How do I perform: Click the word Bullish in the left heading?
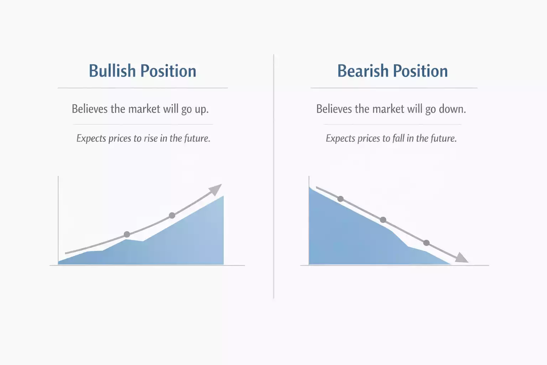click(x=112, y=71)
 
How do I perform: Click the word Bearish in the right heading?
click(x=363, y=71)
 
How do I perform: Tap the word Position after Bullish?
click(x=168, y=71)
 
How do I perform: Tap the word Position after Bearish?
click(x=420, y=71)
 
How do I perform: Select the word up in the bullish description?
click(x=202, y=109)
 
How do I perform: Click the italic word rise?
click(x=151, y=138)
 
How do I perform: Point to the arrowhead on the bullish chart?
click(x=215, y=190)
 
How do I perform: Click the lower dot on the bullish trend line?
click(x=127, y=235)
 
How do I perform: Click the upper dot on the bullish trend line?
click(x=172, y=216)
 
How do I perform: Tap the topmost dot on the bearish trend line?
click(x=340, y=199)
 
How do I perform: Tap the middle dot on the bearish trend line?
click(x=383, y=220)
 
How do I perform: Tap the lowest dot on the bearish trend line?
click(x=426, y=243)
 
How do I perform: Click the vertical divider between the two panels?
click(x=274, y=176)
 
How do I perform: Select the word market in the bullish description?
click(x=144, y=109)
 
